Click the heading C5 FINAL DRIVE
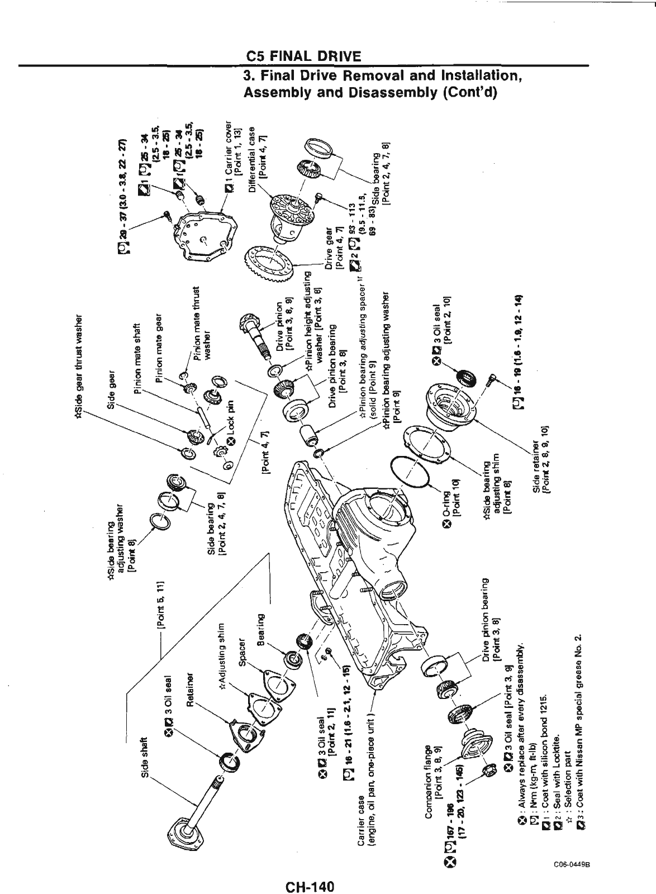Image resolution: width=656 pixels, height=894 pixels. coord(303,56)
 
